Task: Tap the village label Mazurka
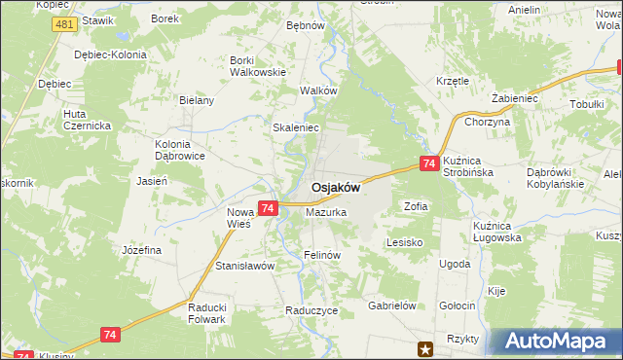click(326, 211)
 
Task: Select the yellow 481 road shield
click(65, 24)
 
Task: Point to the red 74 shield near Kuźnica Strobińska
click(428, 165)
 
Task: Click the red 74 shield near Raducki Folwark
click(110, 334)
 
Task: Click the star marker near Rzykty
click(424, 347)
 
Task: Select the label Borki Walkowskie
click(257, 65)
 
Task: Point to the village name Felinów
click(320, 255)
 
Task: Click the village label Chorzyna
click(488, 123)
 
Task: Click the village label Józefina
click(141, 250)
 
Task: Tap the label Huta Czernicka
click(88, 120)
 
